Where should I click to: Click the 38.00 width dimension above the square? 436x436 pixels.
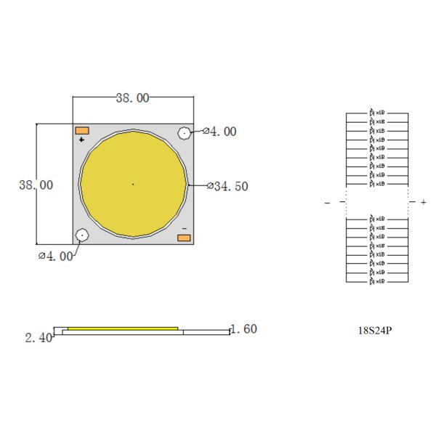[132, 97]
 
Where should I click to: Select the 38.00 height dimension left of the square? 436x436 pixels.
[36, 185]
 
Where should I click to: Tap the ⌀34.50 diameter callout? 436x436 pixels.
[227, 187]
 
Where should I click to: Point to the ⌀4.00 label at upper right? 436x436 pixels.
[219, 132]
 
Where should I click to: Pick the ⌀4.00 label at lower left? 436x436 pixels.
[55, 256]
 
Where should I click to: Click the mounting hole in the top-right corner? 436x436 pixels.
[184, 133]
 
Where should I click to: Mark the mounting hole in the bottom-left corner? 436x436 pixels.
[82, 235]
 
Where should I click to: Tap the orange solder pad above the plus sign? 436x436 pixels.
[82, 129]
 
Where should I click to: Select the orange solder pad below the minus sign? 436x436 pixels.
[184, 238]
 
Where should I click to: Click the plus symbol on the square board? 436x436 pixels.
[81, 139]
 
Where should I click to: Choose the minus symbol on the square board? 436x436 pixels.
[184, 228]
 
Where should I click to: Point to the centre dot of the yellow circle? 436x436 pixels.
[133, 185]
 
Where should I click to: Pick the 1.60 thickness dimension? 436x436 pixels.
[243, 329]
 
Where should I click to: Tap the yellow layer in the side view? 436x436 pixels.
[124, 328]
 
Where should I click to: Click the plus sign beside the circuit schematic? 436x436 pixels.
[424, 202]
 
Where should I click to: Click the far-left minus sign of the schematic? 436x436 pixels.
[327, 203]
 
